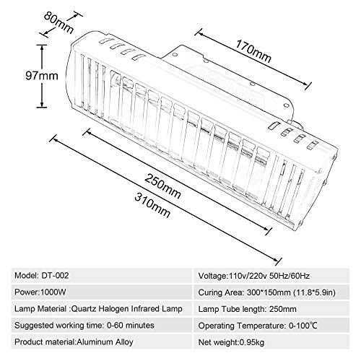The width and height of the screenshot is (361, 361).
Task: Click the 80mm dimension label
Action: (58, 22)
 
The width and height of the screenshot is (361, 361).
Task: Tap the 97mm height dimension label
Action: (42, 76)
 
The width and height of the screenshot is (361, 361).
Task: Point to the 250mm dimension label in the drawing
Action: (162, 186)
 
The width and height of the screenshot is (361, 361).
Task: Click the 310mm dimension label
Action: (152, 205)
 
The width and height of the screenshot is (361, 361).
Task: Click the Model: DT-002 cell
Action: (102, 276)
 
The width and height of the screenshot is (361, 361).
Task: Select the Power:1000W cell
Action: (102, 292)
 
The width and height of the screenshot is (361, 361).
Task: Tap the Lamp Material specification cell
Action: (102, 309)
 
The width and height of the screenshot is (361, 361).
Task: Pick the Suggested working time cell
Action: (102, 326)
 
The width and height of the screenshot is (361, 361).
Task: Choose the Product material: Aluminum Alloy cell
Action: (102, 342)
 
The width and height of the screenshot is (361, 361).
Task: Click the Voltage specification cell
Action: (271, 276)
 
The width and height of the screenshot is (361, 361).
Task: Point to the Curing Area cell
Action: (271, 292)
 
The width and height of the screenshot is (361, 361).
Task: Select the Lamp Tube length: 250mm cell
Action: (271, 309)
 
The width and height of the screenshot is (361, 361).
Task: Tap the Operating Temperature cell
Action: (271, 326)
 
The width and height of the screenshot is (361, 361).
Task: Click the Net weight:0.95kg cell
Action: (271, 342)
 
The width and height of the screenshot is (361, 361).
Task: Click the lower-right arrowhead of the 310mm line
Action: (277, 259)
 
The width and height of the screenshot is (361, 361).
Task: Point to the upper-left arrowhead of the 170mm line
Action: (199, 34)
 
